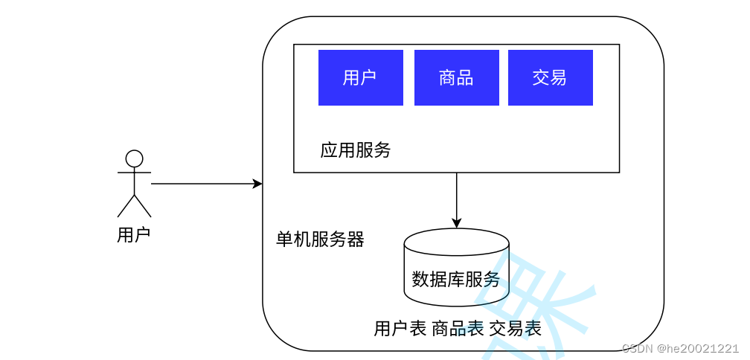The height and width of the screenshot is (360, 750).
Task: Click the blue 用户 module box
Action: (361, 77)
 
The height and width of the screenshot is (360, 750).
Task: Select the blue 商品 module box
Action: (456, 77)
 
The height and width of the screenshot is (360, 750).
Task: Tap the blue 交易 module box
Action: (550, 77)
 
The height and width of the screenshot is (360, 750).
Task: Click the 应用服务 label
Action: (356, 150)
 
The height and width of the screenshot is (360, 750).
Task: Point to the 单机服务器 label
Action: (320, 240)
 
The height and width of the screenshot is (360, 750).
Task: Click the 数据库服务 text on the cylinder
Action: (456, 280)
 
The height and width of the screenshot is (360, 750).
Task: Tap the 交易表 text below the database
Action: (516, 328)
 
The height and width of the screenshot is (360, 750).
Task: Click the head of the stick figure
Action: (134, 158)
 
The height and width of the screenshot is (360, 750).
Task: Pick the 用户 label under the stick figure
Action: (134, 235)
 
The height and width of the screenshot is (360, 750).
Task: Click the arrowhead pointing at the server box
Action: (257, 184)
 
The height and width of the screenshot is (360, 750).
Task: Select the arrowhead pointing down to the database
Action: (457, 223)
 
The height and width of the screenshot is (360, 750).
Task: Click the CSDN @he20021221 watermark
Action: (681, 348)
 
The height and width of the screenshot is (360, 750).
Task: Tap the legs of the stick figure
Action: (134, 206)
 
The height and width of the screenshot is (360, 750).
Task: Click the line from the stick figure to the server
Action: (201, 184)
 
